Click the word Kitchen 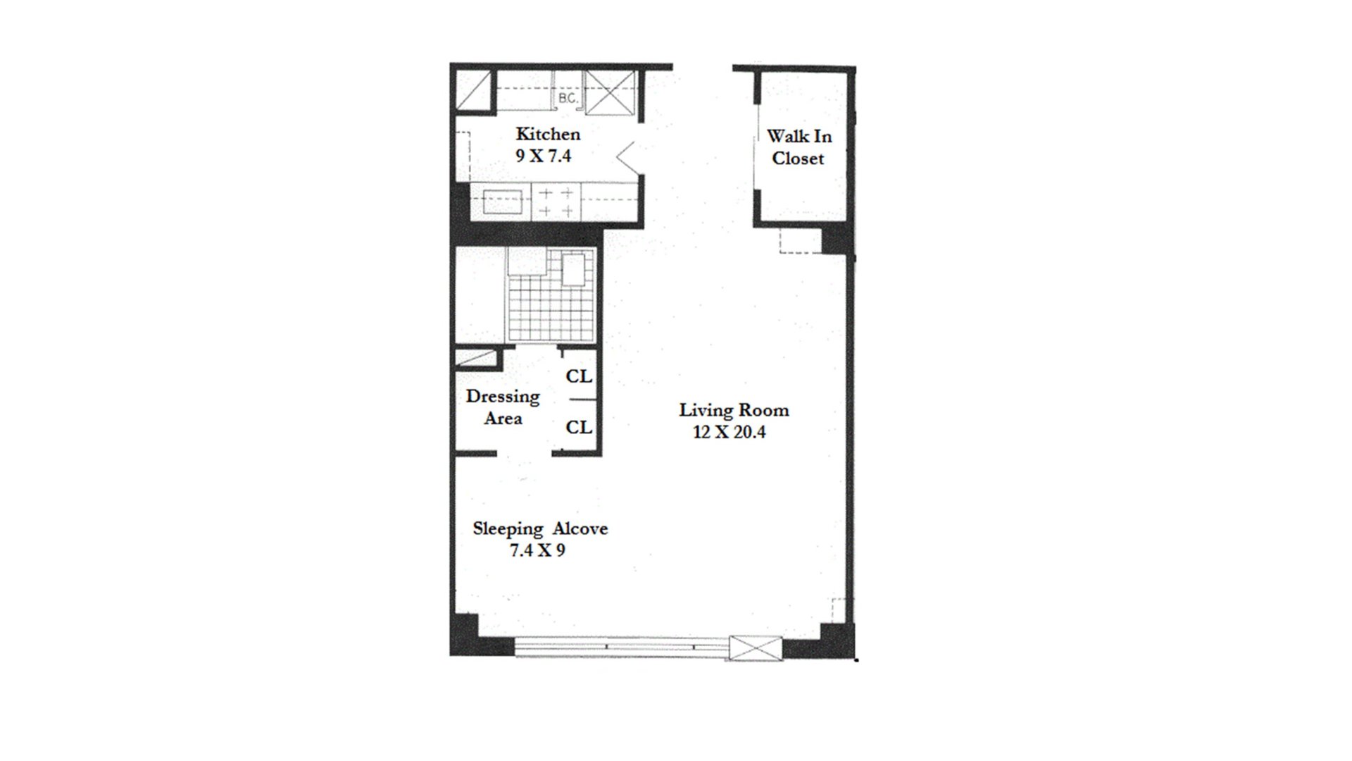coord(548,134)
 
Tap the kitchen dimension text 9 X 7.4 coord(543,156)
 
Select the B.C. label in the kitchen coord(568,99)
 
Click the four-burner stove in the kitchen coord(556,202)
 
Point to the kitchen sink coord(502,202)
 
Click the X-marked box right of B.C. coord(611,92)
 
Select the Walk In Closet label coord(799,147)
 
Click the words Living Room coord(734,410)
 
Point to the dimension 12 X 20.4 coord(730,432)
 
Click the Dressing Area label coord(503,407)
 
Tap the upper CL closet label coord(579,376)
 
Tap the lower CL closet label coord(579,427)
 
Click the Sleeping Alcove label coord(540,528)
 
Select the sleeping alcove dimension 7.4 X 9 coord(537,550)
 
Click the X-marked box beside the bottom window coord(756,648)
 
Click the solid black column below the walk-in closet coord(837,239)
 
